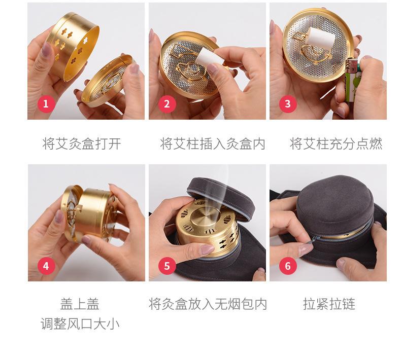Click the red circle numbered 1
46,104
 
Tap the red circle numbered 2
166,104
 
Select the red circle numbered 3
288,104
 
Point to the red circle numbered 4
46,266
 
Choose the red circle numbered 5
166,266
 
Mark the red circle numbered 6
288,266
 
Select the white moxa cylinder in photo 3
321,39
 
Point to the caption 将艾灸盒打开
81,143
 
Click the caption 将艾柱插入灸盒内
213,143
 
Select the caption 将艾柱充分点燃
336,143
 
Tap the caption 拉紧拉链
329,304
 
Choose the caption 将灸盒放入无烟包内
208,304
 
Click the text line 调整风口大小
80,323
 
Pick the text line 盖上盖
80,304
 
